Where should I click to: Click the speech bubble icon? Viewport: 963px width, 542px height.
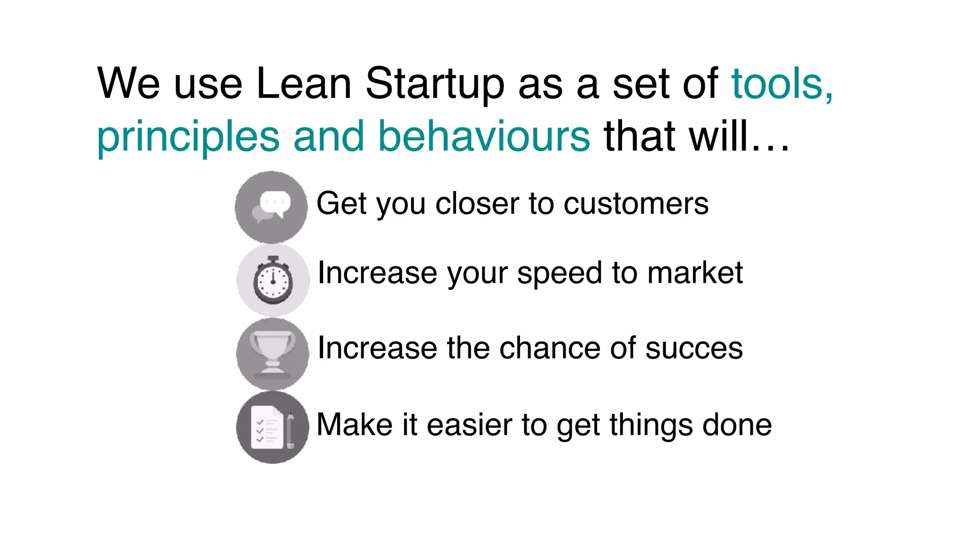point(271,207)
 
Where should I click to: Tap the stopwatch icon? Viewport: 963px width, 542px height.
point(273,280)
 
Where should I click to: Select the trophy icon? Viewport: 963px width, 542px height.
point(273,354)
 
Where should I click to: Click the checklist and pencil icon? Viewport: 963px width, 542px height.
point(273,427)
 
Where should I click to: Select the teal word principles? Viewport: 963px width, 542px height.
point(188,137)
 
